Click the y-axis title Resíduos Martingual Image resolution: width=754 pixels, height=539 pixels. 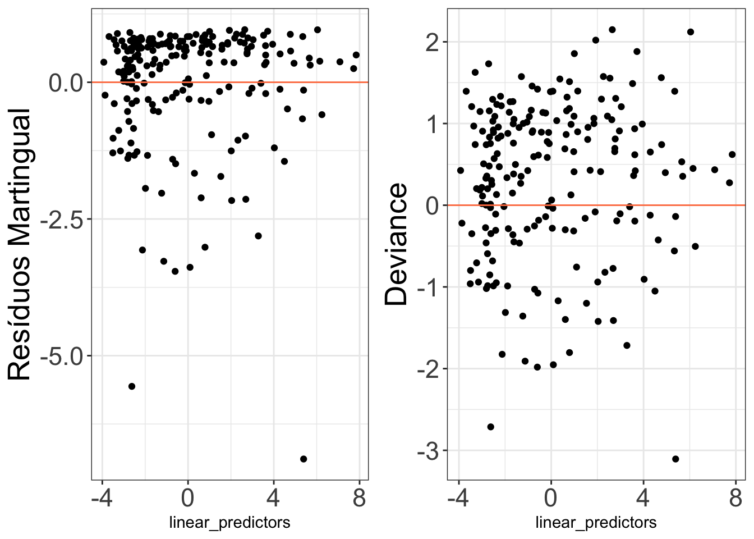click(x=20, y=245)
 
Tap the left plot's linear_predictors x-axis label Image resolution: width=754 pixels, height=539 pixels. click(x=229, y=523)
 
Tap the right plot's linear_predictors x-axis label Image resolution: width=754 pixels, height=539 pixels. click(x=596, y=523)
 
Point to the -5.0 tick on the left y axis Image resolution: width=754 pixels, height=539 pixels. click(x=62, y=356)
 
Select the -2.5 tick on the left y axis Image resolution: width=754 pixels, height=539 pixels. click(x=62, y=220)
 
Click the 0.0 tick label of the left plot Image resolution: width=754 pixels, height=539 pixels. click(x=66, y=83)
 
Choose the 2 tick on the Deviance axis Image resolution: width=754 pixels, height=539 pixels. click(x=433, y=43)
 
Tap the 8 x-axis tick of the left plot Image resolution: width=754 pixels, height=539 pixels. click(x=360, y=497)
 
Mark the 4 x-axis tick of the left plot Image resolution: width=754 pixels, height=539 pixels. click(x=274, y=497)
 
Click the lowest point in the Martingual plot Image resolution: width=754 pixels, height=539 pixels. click(x=304, y=459)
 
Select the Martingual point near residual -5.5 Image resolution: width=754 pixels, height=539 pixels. click(x=132, y=386)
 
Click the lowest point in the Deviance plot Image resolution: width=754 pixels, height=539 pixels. click(x=675, y=459)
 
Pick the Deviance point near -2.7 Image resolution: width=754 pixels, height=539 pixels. click(x=490, y=427)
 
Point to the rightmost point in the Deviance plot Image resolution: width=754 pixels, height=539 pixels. click(x=732, y=154)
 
